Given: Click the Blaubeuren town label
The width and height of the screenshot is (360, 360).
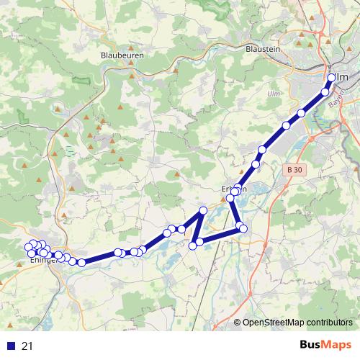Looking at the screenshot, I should [x=123, y=55].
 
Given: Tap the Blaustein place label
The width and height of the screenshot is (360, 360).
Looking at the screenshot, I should [x=262, y=49].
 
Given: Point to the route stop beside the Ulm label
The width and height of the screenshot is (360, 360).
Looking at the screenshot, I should [x=332, y=78].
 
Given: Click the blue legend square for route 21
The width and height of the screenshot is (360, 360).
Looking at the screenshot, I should [x=10, y=346].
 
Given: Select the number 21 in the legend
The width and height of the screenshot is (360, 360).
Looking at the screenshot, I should [x=28, y=346].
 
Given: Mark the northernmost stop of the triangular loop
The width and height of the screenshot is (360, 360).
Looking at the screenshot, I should [x=203, y=210].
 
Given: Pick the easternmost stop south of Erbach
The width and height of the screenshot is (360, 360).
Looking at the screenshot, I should [x=243, y=228].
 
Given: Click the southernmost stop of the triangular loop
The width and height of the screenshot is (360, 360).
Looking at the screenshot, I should [x=193, y=246].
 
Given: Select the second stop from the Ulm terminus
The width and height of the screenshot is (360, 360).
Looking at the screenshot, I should [x=325, y=91].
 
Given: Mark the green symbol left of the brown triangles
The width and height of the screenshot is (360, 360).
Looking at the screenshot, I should [x=69, y=152].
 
